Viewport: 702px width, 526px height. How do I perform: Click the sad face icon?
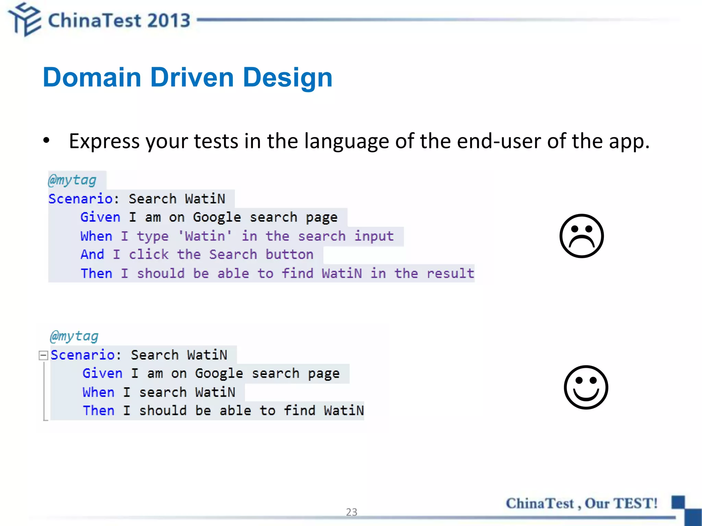[581, 236]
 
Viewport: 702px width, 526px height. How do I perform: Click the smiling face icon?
[586, 387]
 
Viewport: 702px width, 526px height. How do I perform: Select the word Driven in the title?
[192, 77]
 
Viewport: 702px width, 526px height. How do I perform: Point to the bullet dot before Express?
[46, 140]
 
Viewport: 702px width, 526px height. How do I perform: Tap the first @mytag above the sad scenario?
[72, 180]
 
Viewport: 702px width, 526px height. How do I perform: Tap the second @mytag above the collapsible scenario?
[74, 336]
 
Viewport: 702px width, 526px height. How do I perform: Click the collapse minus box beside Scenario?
[43, 355]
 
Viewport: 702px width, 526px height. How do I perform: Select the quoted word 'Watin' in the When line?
[205, 236]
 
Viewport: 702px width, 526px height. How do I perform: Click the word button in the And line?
[289, 254]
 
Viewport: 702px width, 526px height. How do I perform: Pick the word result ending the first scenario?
[450, 273]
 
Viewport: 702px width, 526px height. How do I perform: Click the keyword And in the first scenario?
[92, 254]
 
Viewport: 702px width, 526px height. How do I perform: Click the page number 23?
[351, 512]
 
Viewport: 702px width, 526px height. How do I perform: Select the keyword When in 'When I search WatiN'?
[98, 392]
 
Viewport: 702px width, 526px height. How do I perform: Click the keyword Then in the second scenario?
[99, 411]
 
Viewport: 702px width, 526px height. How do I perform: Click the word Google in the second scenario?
[219, 374]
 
